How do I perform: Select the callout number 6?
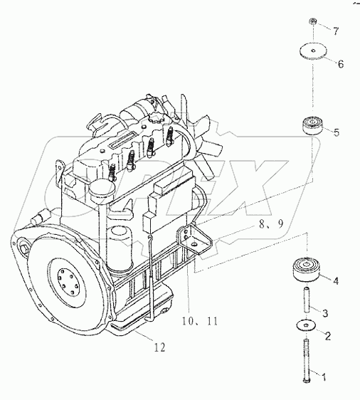point(339,64)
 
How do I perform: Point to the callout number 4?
point(336,280)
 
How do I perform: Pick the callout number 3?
point(326,312)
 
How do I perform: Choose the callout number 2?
point(328,337)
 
